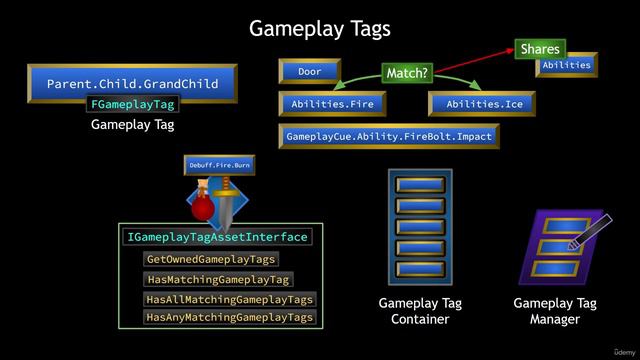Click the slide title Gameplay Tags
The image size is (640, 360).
pyautogui.click(x=319, y=29)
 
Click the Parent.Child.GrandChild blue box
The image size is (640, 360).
pyautogui.click(x=132, y=84)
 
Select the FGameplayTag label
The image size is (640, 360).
pyautogui.click(x=132, y=104)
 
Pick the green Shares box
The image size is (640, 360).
pyautogui.click(x=540, y=49)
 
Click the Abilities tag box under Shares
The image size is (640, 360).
pyautogui.click(x=567, y=65)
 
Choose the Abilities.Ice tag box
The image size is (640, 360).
pyautogui.click(x=484, y=104)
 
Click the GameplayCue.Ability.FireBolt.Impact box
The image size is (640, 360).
pyautogui.click(x=390, y=136)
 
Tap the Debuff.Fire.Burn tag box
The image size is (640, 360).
pyautogui.click(x=219, y=164)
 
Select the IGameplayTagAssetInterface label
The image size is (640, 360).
pyautogui.click(x=217, y=238)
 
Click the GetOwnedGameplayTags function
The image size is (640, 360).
pyautogui.click(x=210, y=259)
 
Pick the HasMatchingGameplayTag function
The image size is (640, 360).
pyautogui.click(x=217, y=280)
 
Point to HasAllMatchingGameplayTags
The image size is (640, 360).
pyautogui.click(x=229, y=299)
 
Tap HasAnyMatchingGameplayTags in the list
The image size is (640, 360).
pyautogui.click(x=229, y=317)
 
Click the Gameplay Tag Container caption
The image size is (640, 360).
pyautogui.click(x=420, y=311)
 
